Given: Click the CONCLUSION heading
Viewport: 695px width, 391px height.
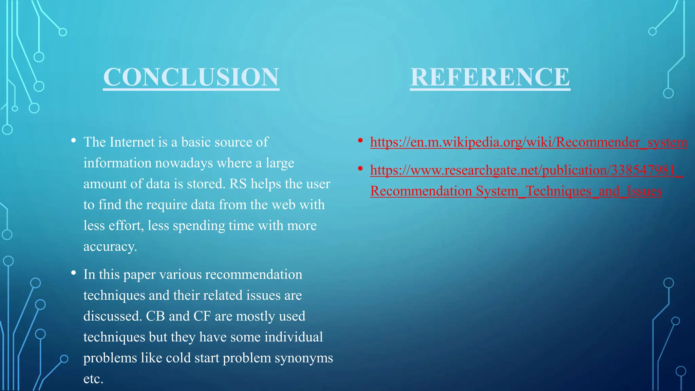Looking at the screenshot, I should pos(191,77).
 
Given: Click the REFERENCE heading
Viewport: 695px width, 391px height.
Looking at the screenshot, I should pos(490,77).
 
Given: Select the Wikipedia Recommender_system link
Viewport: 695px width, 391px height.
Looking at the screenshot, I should pos(528,142).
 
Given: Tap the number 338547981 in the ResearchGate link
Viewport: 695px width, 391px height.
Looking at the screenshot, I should pos(643,170).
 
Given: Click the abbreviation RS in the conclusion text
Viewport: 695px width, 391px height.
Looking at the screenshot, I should pos(238,184).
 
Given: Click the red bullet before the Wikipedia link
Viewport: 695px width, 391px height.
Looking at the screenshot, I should pos(360,141).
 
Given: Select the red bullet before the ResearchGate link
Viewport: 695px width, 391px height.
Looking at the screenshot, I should pos(360,168).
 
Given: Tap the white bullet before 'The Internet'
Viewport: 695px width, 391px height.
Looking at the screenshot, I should pos(73,141).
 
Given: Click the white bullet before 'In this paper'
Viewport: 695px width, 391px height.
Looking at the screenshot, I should pos(73,273).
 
